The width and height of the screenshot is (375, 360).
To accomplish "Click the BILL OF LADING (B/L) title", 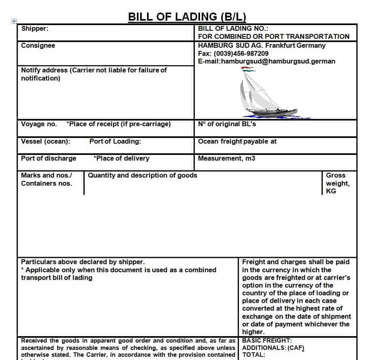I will (187, 17).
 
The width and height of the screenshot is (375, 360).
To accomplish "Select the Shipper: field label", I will (35, 29).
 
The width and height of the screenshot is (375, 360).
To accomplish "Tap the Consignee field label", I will (38, 46).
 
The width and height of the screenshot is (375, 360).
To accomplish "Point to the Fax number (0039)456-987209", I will (233, 53).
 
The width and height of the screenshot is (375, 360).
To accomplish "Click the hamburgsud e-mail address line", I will (266, 61).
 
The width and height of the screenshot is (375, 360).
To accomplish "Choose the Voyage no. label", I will (39, 124).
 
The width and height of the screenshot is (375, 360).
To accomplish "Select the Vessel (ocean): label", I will (45, 142).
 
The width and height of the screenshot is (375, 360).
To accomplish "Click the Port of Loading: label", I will (115, 142).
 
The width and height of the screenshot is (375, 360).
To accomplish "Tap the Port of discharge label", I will (49, 159).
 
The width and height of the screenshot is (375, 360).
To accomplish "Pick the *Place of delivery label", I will (121, 159).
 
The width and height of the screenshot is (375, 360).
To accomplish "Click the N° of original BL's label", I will (227, 124).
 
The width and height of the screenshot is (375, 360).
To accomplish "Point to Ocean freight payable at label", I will (237, 142).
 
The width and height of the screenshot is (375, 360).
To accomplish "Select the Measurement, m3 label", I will (226, 159).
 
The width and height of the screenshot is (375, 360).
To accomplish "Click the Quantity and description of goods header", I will (143, 176).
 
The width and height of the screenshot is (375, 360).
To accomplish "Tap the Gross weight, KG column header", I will (337, 183).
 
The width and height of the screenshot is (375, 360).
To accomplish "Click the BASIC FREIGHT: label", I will (267, 341).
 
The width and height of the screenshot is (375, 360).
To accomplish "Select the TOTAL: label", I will (254, 355).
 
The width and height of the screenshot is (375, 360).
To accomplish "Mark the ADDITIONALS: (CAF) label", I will (273, 348).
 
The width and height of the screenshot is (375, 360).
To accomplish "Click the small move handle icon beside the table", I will (14, 21).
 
